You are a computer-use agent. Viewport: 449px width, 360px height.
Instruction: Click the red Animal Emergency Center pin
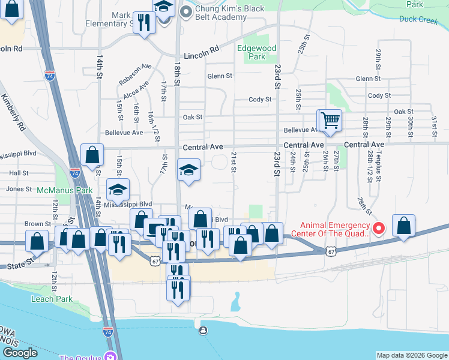point(379,228)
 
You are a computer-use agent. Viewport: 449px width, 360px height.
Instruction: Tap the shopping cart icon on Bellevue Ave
point(330,119)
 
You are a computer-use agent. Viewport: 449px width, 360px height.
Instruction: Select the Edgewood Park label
point(256,52)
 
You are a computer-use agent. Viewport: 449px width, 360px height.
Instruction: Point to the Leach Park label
point(53,299)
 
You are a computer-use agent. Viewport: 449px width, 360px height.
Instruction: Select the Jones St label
point(19,189)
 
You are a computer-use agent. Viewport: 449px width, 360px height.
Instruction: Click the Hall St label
point(19,173)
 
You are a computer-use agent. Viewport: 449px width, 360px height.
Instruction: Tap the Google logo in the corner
point(20,353)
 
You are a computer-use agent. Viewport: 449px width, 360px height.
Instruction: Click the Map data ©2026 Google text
point(412,355)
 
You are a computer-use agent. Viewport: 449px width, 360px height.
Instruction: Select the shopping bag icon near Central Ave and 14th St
point(92,155)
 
